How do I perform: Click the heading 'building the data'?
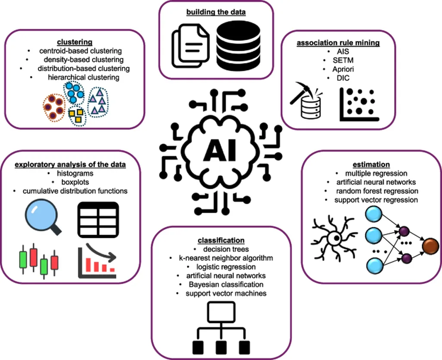(x=216, y=12)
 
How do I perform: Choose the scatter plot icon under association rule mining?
(x=359, y=104)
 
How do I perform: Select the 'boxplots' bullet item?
(x=69, y=182)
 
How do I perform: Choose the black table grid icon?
(x=98, y=218)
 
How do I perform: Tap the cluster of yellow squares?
(x=76, y=114)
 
